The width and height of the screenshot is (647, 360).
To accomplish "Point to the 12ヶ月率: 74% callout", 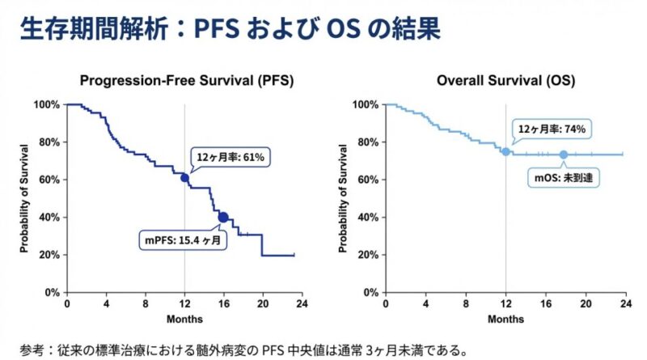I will (547, 129).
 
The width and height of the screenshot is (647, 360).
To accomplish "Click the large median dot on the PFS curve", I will (223, 217).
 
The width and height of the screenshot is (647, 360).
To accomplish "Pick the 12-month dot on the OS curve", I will (505, 152).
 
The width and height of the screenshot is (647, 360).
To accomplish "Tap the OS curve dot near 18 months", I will (564, 155).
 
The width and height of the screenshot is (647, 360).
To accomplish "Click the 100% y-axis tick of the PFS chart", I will (47, 105).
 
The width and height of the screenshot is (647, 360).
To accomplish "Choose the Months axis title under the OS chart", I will (504, 319).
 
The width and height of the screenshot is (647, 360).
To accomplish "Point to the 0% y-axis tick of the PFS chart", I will (50, 292).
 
